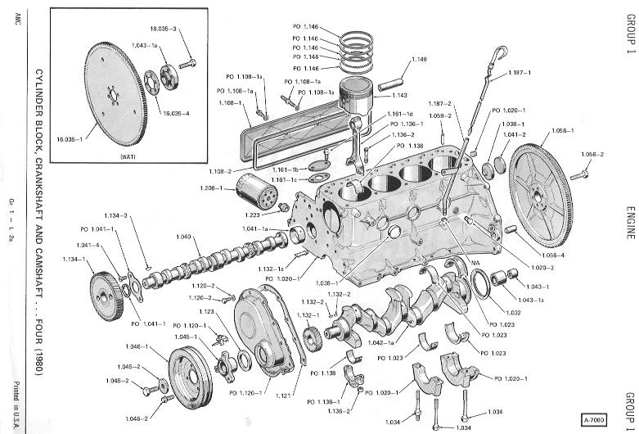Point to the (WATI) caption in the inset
127,156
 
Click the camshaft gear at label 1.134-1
106,288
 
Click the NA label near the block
475,262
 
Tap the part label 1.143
400,96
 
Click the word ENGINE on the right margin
631,221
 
